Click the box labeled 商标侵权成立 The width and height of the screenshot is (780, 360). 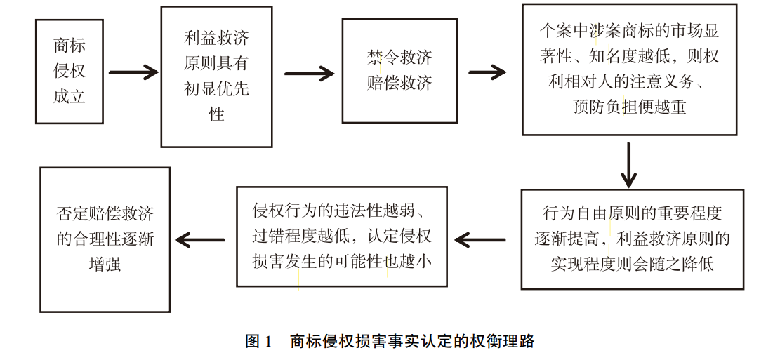tap(70, 72)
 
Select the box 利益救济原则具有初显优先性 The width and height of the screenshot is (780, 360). tap(216, 76)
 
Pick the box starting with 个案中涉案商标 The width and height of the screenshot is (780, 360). tap(629, 69)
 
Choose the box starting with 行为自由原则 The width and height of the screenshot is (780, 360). tap(632, 239)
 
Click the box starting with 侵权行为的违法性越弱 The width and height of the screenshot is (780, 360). tap(342, 236)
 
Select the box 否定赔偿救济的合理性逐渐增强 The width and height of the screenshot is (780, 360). tap(105, 239)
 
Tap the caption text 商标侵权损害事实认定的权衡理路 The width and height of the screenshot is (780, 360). tap(412, 342)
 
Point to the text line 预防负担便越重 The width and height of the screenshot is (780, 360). tap(629, 107)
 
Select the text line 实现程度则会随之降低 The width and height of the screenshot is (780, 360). tap(632, 265)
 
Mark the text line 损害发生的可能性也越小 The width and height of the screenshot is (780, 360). tap(341, 261)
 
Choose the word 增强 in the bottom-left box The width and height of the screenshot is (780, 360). tap(105, 265)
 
